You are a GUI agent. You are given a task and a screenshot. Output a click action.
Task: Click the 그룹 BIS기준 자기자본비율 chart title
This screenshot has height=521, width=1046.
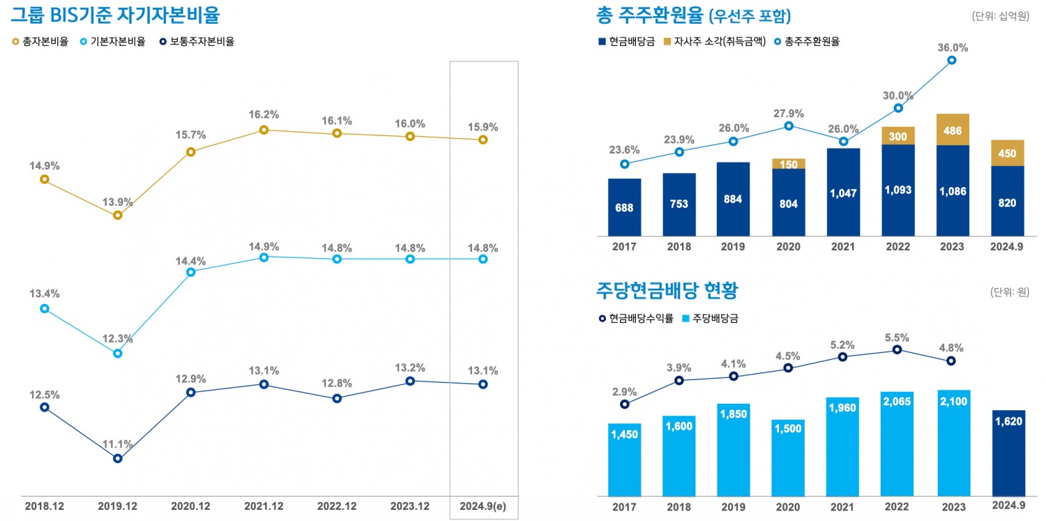point(115,14)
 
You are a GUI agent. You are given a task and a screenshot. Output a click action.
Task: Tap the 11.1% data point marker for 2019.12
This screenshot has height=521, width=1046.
point(118,458)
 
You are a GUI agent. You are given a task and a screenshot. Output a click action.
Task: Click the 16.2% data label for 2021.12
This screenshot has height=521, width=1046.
point(264,114)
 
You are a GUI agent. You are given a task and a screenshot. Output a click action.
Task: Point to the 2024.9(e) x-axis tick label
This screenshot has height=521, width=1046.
point(483,505)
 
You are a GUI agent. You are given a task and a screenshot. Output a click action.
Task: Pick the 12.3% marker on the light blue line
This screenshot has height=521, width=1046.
point(118,354)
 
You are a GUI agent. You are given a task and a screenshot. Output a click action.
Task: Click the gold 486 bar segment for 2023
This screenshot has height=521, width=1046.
point(953,130)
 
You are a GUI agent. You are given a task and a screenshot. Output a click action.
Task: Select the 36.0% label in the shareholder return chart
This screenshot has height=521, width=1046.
point(953,47)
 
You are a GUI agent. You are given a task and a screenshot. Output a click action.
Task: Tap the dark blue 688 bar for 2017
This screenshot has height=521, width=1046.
point(624,207)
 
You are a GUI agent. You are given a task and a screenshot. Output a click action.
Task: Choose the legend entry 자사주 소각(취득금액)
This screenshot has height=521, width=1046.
point(718,41)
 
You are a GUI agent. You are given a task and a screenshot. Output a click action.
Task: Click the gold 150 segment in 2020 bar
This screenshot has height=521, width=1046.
point(789,164)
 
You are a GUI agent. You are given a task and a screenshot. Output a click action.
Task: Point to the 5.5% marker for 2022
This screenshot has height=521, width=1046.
point(897,349)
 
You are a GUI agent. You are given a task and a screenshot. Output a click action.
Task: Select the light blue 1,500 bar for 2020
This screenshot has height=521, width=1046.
point(788,457)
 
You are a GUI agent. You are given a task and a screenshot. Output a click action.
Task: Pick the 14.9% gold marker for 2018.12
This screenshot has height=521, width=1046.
point(45,179)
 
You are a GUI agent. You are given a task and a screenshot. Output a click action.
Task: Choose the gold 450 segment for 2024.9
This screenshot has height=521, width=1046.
point(1007,153)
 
